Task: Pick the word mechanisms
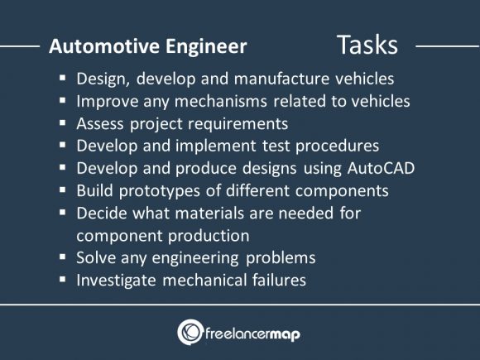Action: click(x=233, y=102)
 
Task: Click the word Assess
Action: click(x=101, y=123)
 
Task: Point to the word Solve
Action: click(x=96, y=257)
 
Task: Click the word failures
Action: click(x=276, y=280)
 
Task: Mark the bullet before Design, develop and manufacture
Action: click(x=63, y=79)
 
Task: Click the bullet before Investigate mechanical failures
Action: click(x=63, y=280)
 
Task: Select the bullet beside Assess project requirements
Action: click(x=63, y=124)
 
